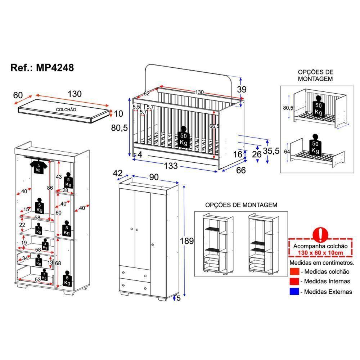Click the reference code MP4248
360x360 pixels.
(55, 68)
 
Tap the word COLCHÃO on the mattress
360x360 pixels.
(66, 109)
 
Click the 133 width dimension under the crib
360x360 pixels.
(171, 166)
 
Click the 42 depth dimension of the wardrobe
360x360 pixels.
(118, 173)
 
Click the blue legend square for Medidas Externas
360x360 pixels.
(294, 291)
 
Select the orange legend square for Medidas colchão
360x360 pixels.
(294, 271)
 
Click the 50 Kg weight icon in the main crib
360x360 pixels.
(183, 138)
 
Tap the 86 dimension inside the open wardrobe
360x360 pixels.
(50, 188)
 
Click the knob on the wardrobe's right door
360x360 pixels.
(153, 245)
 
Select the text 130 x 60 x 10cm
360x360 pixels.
(320, 252)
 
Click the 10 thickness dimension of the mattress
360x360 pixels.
(118, 114)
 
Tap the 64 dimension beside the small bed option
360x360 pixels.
(287, 152)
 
